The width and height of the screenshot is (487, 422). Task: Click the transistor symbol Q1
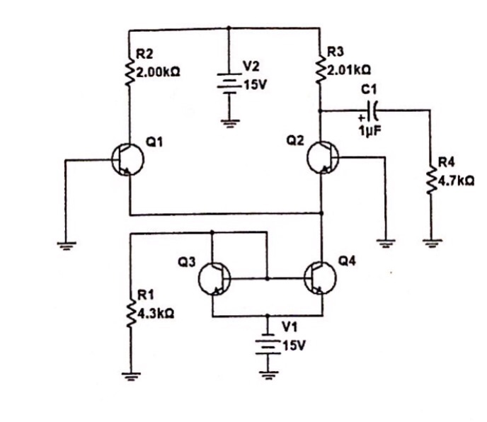127,160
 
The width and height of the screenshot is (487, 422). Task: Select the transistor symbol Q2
323,158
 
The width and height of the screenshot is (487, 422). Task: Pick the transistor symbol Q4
320,279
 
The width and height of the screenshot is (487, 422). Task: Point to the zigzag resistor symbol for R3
321,69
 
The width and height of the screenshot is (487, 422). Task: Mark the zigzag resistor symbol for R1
130,312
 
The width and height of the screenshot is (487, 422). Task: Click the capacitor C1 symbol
375,110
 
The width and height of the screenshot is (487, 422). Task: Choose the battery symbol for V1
268,344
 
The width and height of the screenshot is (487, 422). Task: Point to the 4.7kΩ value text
456,181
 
